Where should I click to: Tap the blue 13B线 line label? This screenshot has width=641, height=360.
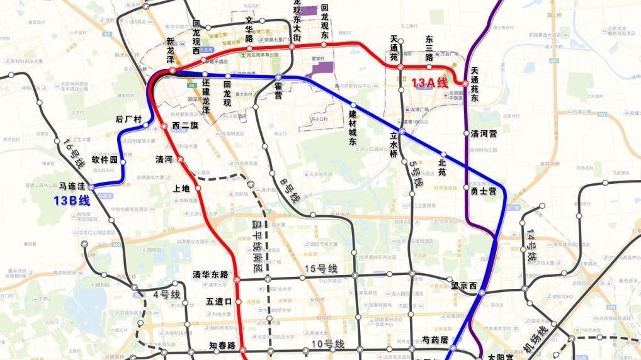pos(72,201)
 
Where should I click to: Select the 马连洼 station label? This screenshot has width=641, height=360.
pos(72,186)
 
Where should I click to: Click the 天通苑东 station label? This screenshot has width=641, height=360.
pos(483,84)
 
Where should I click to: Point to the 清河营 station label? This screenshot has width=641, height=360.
pos(484,134)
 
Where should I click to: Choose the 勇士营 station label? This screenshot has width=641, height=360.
pos(484,190)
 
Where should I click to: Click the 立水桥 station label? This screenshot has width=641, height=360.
pos(395,144)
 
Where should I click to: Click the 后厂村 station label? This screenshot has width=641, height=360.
pos(129,119)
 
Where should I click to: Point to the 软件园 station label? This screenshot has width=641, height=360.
pos(105,160)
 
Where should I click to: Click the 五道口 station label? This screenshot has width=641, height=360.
pos(220,302)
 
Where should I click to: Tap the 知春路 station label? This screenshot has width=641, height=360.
pos(222,346)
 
